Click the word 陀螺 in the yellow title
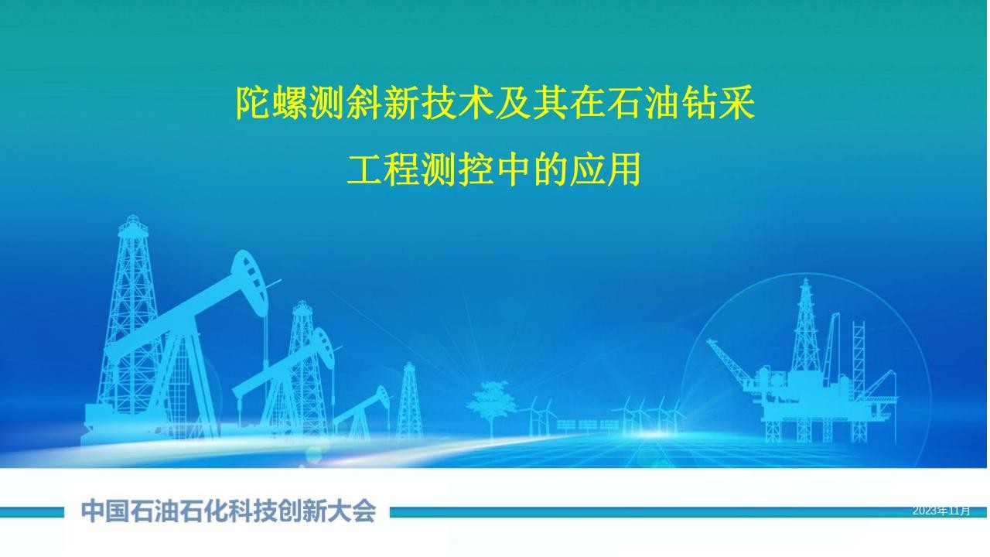(271, 103)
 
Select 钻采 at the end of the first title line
(719, 103)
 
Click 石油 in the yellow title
(644, 103)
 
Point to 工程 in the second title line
(383, 169)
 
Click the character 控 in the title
(476, 169)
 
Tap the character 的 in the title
(550, 169)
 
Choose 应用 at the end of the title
(606, 169)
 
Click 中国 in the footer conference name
(104, 511)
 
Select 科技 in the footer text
(253, 511)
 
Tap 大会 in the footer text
(352, 511)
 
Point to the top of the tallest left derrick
(132, 217)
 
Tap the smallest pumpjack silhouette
(361, 413)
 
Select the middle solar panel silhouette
(587, 425)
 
